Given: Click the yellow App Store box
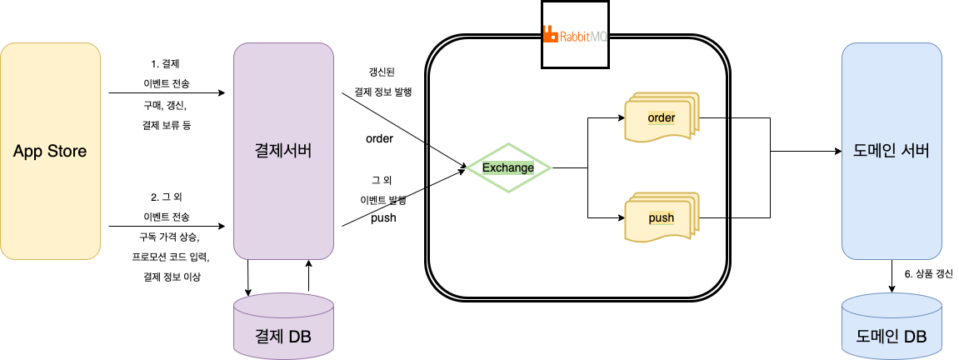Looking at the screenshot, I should pos(51,152).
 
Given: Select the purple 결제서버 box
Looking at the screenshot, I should pos(283,152).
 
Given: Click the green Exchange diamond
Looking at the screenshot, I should pos(508,168).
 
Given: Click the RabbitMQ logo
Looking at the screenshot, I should pos(576,35).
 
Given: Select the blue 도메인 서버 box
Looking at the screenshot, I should pos(892,152).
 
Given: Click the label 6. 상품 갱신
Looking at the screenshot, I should pos(928,273).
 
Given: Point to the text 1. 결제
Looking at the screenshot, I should pos(165,63).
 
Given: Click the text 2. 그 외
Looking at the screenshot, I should pos(166,197).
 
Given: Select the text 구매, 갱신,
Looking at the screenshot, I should pos(165,105).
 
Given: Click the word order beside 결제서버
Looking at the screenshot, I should pos(379,138).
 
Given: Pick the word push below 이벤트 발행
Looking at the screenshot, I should pos(382,218).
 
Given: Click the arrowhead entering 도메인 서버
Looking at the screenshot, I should pos(836,152).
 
